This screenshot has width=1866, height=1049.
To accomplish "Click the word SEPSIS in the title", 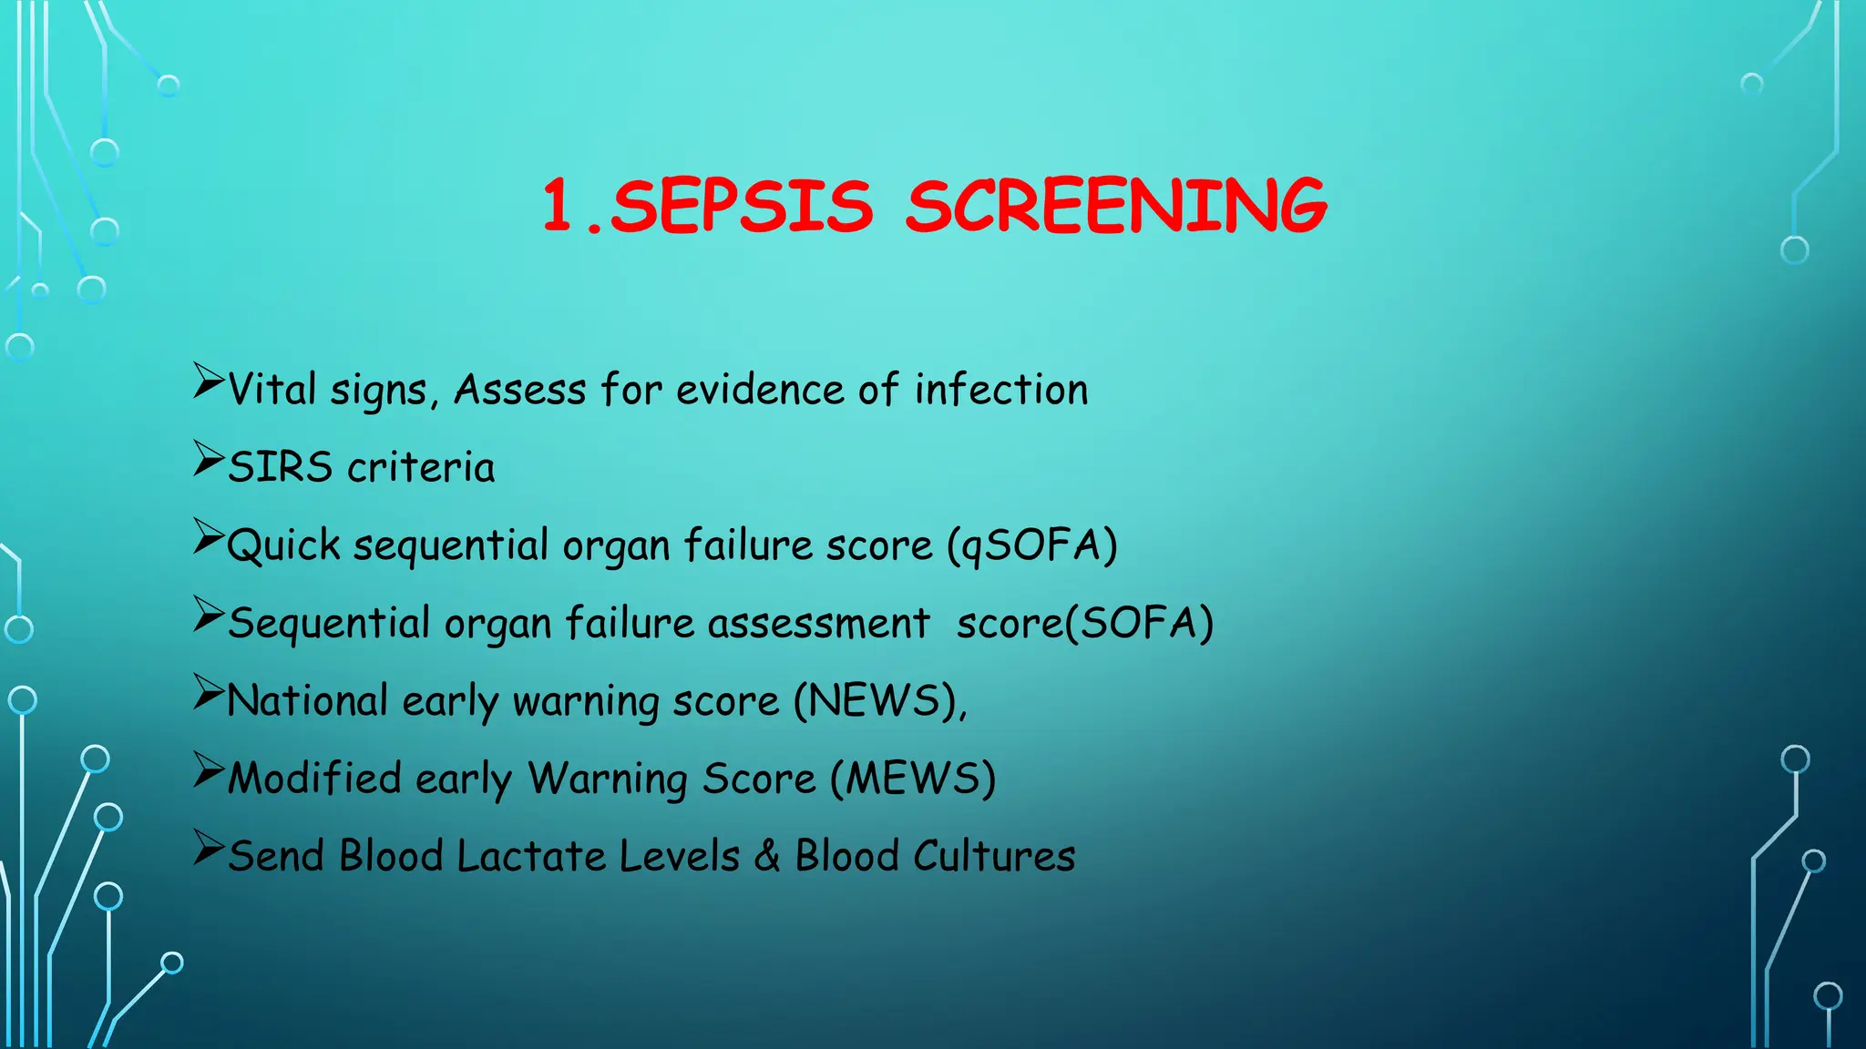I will (x=741, y=206).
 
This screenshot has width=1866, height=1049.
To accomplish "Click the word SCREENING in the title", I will (x=1116, y=206).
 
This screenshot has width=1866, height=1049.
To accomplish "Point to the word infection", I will (x=1001, y=390).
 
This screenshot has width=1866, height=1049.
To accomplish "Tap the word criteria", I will (x=421, y=467).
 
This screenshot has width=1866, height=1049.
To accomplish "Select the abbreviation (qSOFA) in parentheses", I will (x=1032, y=545).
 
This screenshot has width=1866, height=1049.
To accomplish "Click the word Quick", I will (x=283, y=545).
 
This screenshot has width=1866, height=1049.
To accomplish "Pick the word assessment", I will (x=819, y=624).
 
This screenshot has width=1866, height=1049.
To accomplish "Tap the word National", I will (x=308, y=701).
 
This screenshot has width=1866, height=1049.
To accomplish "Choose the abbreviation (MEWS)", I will (x=913, y=779).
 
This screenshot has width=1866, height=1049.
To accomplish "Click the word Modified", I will (x=314, y=779).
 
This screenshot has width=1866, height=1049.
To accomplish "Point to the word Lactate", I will (x=530, y=857).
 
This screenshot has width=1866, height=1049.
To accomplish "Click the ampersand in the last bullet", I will (x=767, y=857).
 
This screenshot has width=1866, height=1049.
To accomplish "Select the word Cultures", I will (x=994, y=857).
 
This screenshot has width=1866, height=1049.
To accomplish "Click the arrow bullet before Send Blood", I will (x=208, y=848).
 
